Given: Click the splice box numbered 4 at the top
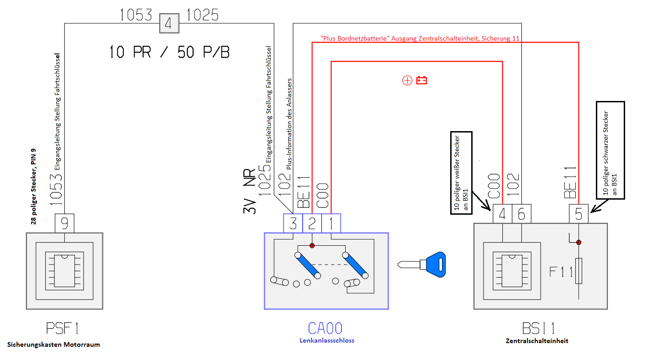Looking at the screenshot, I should (168, 23).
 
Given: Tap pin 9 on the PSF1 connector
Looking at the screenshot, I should (64, 223).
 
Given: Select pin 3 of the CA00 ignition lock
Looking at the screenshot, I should (293, 223).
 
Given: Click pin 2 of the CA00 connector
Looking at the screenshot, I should (312, 223).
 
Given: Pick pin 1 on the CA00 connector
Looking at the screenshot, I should (331, 223).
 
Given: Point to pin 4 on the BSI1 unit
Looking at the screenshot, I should (502, 214).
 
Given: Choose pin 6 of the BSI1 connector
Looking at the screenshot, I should (521, 214).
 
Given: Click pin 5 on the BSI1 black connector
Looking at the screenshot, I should (579, 214).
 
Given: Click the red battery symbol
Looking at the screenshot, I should (421, 81).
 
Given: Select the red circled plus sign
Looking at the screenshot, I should (407, 81).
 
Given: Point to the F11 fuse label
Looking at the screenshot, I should (561, 272).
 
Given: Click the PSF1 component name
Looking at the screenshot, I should (64, 328).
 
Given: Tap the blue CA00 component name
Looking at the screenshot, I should (325, 328).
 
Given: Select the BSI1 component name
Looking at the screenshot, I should (538, 328).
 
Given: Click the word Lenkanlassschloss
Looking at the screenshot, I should (326, 340).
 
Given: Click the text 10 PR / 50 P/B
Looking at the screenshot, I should (169, 52).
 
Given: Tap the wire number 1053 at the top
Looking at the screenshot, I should (136, 16).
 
